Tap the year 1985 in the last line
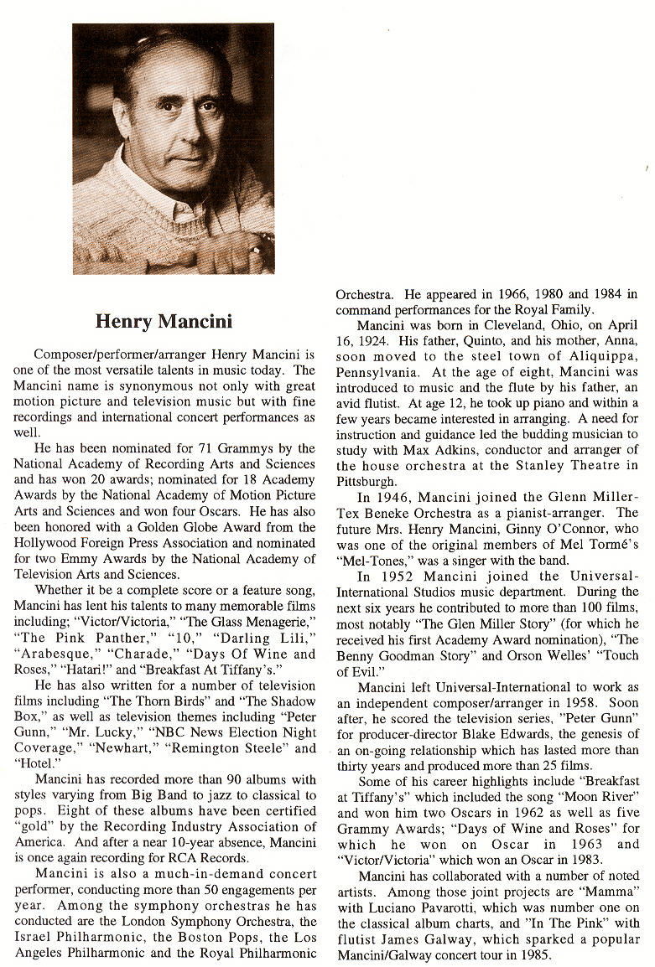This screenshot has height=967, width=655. click(x=534, y=954)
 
